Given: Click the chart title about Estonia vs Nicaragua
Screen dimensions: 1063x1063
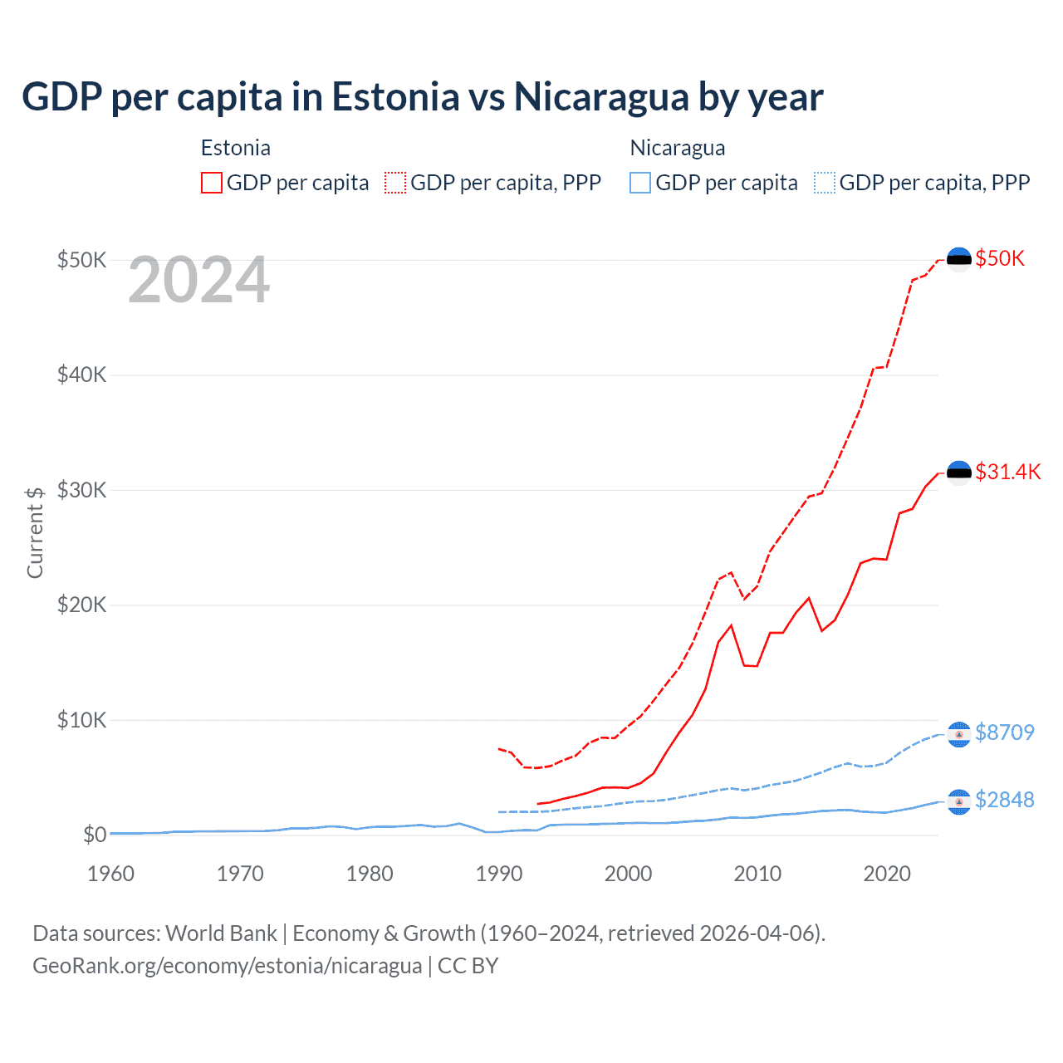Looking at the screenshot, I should (422, 97).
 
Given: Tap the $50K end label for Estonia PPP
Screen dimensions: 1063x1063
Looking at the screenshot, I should (1000, 258).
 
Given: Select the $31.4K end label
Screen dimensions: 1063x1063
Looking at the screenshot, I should (1007, 472).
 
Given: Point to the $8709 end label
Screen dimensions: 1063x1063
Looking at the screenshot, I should (1004, 732).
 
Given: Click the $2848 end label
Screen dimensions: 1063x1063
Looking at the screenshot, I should (1004, 800).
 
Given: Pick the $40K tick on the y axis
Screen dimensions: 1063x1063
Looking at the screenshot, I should (81, 375).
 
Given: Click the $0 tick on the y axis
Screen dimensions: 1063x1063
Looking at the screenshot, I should (95, 835).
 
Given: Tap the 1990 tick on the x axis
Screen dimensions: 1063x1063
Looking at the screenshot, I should (499, 874).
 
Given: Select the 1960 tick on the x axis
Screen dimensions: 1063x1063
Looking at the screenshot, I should (110, 874).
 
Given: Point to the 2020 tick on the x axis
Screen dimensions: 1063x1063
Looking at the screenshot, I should (887, 874).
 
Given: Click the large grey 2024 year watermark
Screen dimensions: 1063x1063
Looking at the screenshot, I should (198, 281).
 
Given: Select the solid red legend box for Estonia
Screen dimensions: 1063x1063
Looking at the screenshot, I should (212, 183).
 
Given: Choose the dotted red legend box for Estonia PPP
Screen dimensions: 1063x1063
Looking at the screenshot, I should (395, 183).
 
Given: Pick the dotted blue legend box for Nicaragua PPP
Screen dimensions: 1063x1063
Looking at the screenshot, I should (825, 183).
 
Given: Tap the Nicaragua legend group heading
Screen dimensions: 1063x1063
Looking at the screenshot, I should (678, 148).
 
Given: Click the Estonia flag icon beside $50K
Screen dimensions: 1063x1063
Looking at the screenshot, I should (959, 259).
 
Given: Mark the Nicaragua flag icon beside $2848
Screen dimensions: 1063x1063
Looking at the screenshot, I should (959, 802).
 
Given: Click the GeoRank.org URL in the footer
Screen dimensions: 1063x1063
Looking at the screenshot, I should (227, 966).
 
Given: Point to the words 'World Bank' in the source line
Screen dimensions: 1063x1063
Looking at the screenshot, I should (221, 933).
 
